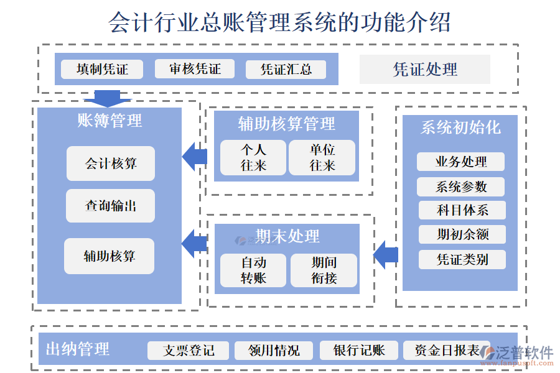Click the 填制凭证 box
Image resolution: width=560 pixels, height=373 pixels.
point(102,69)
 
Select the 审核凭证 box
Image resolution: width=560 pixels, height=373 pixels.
point(195,69)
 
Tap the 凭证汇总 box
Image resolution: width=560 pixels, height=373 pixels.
point(286,69)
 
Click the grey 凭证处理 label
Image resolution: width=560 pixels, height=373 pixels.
point(424,69)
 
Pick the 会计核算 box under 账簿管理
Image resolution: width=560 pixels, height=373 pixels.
point(111,163)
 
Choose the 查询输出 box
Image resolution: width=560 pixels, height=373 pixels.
point(111,206)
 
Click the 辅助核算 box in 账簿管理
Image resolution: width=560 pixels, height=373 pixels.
point(109,256)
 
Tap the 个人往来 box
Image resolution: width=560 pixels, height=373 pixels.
point(253,157)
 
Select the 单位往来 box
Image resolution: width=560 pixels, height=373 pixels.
point(322,157)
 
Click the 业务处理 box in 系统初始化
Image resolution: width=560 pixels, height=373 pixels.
point(460,162)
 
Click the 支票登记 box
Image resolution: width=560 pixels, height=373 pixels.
point(188,351)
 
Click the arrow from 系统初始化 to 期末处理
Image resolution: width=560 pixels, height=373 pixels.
point(386,254)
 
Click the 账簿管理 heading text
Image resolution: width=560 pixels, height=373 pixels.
point(110,121)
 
